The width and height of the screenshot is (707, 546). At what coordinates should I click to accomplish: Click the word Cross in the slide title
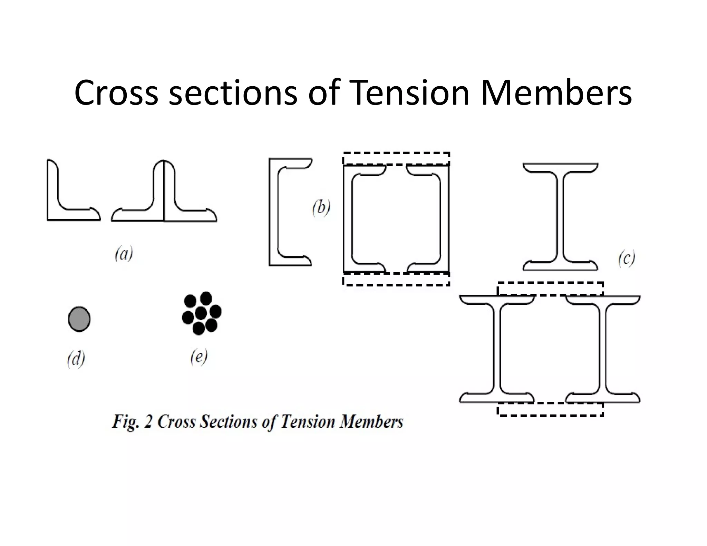point(116,93)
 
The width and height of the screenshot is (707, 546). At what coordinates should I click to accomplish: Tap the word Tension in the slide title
point(409,93)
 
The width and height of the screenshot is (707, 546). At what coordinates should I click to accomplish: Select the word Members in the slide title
point(556,93)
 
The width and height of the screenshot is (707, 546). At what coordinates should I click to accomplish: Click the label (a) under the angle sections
point(124,254)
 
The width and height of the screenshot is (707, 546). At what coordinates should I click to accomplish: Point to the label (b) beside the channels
point(321,208)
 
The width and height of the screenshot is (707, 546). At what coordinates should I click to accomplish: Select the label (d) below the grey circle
point(76,359)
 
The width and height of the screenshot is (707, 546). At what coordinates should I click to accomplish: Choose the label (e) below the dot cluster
point(199,357)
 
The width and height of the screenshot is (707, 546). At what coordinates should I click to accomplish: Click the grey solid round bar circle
point(79,319)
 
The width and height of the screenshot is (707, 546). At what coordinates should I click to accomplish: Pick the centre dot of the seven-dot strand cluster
point(201,313)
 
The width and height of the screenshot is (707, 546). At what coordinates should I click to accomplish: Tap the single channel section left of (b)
point(273,212)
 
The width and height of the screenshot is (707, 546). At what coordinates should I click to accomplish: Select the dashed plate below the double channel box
point(396,279)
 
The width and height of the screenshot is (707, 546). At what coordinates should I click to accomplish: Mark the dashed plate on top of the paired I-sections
point(550,289)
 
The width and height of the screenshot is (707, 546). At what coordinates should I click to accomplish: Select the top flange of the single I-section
point(560,167)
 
